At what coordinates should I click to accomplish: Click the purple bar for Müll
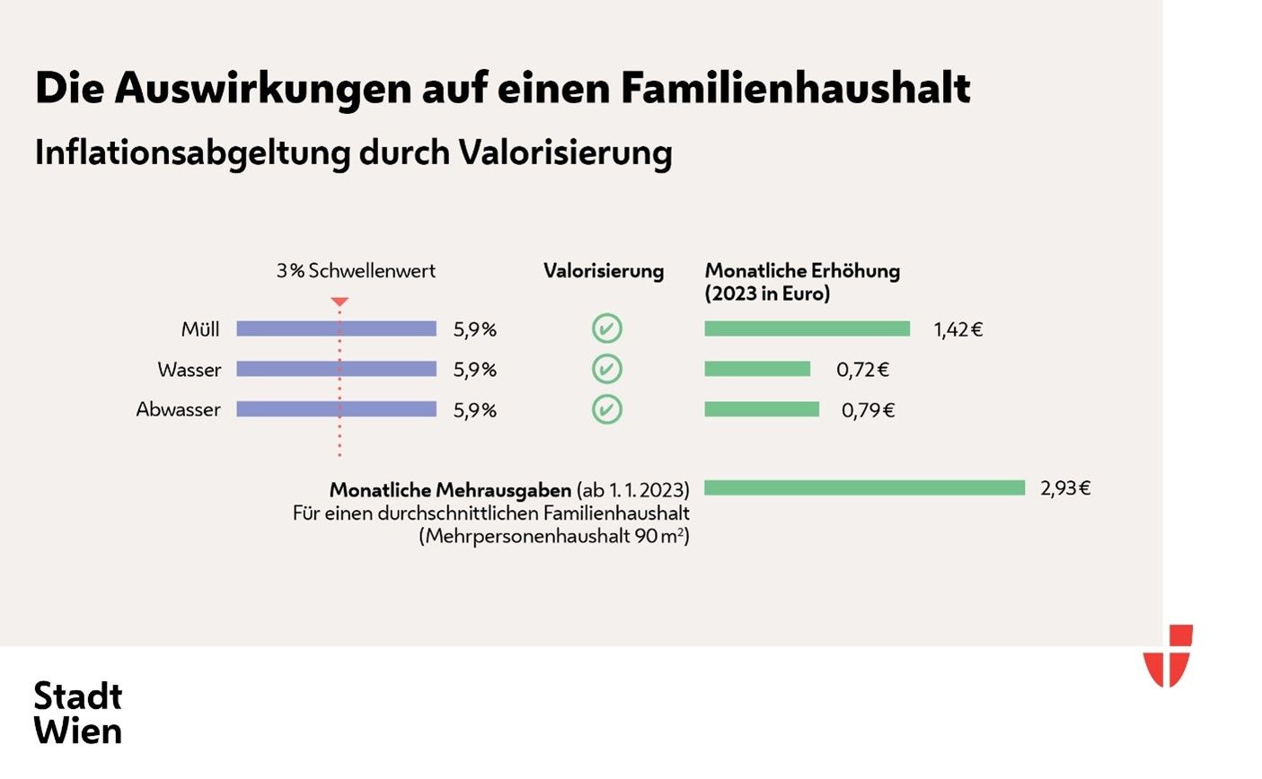(336, 329)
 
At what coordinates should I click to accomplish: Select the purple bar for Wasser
(336, 369)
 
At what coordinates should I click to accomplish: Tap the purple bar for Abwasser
(336, 409)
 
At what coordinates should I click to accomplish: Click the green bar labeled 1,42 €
(807, 329)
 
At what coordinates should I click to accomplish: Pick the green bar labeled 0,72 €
(757, 369)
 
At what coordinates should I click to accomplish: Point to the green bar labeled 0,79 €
(762, 409)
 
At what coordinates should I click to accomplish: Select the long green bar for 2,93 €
(864, 488)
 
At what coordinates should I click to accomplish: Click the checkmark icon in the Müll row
(607, 329)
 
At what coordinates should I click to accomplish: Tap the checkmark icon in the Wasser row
(607, 369)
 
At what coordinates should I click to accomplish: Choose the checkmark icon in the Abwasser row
(607, 409)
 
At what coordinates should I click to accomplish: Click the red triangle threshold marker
(340, 302)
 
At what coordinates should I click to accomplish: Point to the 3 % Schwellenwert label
(356, 271)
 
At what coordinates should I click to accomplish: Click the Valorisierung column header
(604, 271)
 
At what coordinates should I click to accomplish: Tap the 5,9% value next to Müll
(474, 329)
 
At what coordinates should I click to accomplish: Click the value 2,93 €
(1065, 488)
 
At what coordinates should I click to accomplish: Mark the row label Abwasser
(178, 409)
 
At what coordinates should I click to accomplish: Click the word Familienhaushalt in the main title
(795, 89)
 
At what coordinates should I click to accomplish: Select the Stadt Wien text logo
(78, 713)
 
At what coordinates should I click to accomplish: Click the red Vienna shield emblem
(1168, 655)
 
